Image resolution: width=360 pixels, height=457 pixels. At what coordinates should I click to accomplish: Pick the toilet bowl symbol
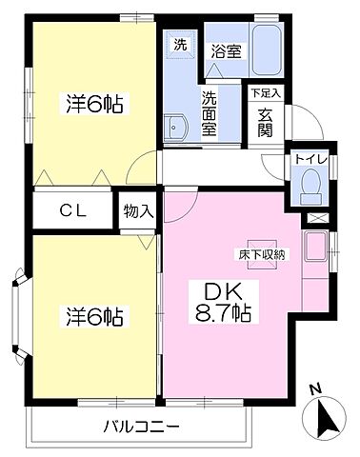[310, 183]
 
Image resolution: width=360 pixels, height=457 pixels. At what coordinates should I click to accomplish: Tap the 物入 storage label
[138, 211]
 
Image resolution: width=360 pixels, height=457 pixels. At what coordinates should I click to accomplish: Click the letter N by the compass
[314, 389]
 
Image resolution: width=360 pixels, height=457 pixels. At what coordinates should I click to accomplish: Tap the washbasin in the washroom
[173, 127]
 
